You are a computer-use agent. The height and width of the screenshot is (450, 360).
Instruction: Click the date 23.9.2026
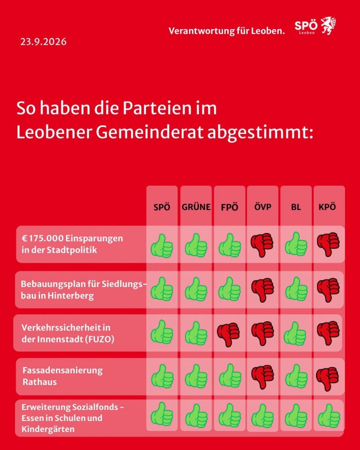point(44,42)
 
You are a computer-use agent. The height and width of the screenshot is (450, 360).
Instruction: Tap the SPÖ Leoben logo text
point(306,27)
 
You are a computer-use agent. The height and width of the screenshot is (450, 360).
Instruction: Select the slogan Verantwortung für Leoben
point(226,31)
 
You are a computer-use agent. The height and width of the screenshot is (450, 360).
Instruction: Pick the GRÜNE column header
point(196,207)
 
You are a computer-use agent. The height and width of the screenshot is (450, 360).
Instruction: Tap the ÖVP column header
point(263,207)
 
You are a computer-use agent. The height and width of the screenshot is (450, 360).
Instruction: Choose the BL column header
point(296,207)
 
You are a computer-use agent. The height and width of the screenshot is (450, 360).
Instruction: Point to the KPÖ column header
point(327,207)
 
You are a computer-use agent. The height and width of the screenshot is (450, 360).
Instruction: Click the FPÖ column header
point(229,207)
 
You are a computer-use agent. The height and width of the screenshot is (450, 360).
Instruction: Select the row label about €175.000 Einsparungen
point(72,244)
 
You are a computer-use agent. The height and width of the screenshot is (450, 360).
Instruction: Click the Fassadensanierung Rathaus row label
point(62,376)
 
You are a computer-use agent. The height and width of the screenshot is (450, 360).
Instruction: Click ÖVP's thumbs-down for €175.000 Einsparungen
point(262,245)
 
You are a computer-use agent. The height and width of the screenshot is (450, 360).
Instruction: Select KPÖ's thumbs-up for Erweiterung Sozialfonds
point(329,416)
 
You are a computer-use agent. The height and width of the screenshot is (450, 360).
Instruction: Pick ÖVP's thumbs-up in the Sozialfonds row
point(262,416)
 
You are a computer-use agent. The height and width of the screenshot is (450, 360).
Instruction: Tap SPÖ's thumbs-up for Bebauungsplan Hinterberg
point(162,289)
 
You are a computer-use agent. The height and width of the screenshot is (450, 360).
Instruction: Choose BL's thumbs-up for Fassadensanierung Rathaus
point(296,376)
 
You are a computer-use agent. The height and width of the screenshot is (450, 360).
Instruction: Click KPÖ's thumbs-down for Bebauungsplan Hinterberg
point(328,290)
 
